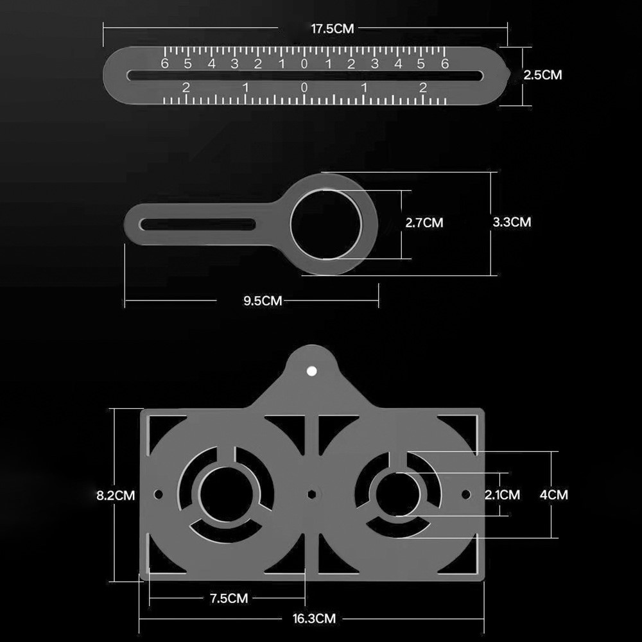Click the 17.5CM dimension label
[333, 29]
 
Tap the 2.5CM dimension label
[542, 75]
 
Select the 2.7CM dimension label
[424, 223]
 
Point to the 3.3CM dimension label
[512, 222]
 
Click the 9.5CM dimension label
[263, 300]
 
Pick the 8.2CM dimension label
[116, 495]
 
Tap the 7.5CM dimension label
[229, 598]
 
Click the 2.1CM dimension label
[502, 494]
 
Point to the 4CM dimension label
[554, 495]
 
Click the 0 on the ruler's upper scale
[304, 64]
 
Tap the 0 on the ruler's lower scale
[304, 88]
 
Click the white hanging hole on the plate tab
[311, 371]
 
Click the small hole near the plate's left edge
[158, 495]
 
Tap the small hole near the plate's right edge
[467, 494]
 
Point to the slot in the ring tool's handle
[199, 224]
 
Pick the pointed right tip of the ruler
[510, 74]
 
